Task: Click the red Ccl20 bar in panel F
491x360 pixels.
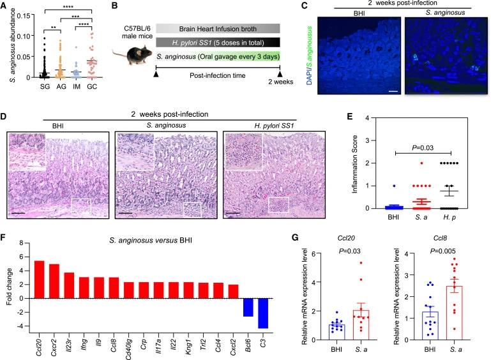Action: [x=39, y=279]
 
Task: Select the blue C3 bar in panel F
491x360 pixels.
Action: [x=263, y=313]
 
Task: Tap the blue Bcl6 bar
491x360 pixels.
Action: [x=248, y=308]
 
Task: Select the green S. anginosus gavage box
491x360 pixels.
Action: [x=218, y=56]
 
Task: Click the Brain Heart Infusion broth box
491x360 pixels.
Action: [x=218, y=29]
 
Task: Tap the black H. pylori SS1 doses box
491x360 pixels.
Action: [x=218, y=43]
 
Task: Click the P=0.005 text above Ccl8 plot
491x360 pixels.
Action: [x=442, y=251]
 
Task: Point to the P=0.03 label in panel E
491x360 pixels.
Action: [x=423, y=147]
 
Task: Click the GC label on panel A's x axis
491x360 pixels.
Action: [x=92, y=86]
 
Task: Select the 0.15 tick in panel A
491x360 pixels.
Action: [x=24, y=16]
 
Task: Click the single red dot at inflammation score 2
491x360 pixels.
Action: [x=422, y=163]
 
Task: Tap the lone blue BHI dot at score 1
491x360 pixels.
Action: [x=394, y=186]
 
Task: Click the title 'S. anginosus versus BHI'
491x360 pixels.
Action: [x=151, y=241]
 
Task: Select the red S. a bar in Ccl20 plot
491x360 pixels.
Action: [x=361, y=325]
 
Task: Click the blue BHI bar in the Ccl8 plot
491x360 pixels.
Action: [x=430, y=326]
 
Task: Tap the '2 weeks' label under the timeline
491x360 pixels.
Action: [x=280, y=82]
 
